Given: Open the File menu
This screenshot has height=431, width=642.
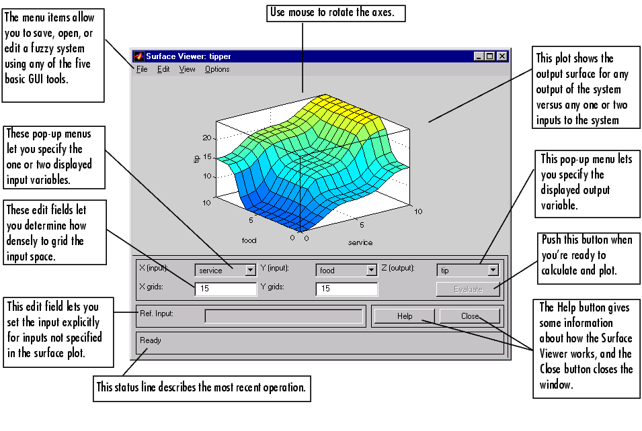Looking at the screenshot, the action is click(142, 69).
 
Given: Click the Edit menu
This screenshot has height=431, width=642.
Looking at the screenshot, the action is click(163, 69).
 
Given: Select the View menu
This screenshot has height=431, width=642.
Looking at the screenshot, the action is click(187, 69).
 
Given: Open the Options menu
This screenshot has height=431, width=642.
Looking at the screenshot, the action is click(217, 69).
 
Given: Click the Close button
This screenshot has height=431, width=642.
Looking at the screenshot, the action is click(470, 316).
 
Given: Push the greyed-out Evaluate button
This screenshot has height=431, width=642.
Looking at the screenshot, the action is click(468, 289).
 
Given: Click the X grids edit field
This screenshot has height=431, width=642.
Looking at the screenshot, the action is click(226, 289).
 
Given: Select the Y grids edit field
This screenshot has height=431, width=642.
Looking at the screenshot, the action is click(346, 289).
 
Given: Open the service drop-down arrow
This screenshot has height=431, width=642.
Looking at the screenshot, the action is click(250, 271).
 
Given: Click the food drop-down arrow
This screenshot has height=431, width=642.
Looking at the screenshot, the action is click(371, 271).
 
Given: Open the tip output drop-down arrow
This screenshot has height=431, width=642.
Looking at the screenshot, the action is click(493, 270).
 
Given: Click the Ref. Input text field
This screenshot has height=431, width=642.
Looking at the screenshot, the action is click(283, 316).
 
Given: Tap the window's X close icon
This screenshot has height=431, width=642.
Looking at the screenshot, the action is click(502, 56).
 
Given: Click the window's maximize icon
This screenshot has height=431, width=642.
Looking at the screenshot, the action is click(490, 56).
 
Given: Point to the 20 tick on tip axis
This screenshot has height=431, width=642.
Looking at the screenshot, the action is click(207, 138).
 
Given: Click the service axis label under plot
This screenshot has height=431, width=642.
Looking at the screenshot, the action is click(360, 242).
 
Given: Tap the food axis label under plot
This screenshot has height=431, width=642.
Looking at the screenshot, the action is click(249, 240).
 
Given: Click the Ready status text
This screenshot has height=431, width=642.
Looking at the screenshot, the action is click(151, 340).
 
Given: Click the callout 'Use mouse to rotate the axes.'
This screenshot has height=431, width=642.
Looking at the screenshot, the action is click(335, 13).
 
